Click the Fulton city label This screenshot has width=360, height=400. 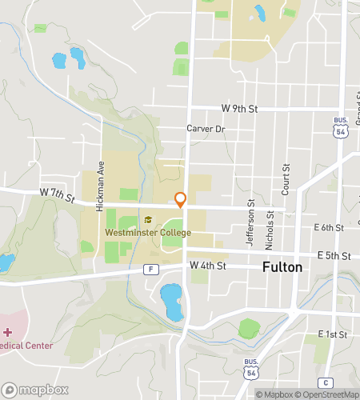click(282, 267)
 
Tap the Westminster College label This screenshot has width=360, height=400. click(148, 233)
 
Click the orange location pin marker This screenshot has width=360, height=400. click(181, 200)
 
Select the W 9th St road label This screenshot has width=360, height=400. click(240, 109)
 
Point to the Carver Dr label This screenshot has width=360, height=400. click(206, 128)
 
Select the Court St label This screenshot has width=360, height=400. click(286, 180)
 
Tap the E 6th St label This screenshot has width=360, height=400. click(329, 228)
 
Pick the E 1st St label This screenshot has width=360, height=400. click(332, 334)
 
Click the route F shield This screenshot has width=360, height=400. click(150, 270)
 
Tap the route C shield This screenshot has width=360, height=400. click(326, 382)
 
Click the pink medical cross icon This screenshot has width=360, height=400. click(7, 331)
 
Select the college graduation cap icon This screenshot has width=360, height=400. click(147, 220)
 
